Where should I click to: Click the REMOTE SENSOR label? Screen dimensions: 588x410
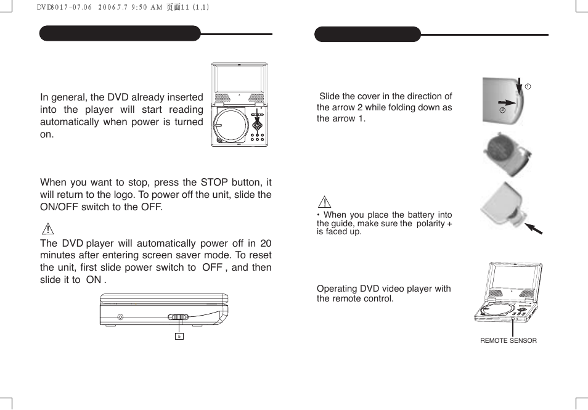point(508,340)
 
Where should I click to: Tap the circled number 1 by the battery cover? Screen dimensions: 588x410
point(528,86)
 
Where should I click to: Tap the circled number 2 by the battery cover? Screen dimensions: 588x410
point(502,110)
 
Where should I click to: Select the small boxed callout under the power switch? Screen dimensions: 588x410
point(179,336)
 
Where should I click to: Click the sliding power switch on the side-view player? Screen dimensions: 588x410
point(179,318)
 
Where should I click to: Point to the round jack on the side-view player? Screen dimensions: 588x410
point(120,318)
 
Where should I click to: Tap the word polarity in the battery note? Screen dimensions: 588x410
point(431,223)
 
